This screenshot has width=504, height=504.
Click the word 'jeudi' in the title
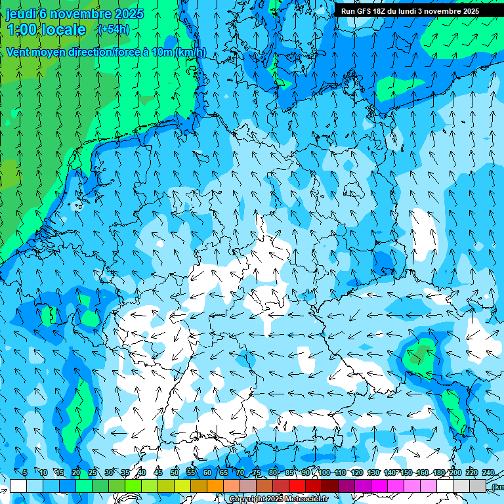pyautogui.click(x=20, y=14)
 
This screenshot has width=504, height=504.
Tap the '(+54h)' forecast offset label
pyautogui.click(x=114, y=29)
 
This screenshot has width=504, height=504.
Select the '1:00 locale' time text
pyautogui.click(x=47, y=30)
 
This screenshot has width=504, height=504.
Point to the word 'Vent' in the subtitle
pyautogui.click(x=19, y=52)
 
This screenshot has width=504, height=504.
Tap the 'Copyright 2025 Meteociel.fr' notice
pyautogui.click(x=278, y=499)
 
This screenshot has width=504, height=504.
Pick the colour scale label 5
pyautogui.click(x=25, y=472)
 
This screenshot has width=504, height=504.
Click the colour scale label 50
pyautogui.click(x=175, y=472)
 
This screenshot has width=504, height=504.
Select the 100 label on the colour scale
pyautogui.click(x=324, y=472)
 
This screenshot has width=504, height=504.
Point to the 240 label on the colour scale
pyautogui.click(x=488, y=472)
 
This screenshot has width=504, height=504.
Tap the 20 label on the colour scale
pyautogui.click(x=75, y=472)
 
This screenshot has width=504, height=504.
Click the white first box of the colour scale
pyautogui.click(x=18, y=486)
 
